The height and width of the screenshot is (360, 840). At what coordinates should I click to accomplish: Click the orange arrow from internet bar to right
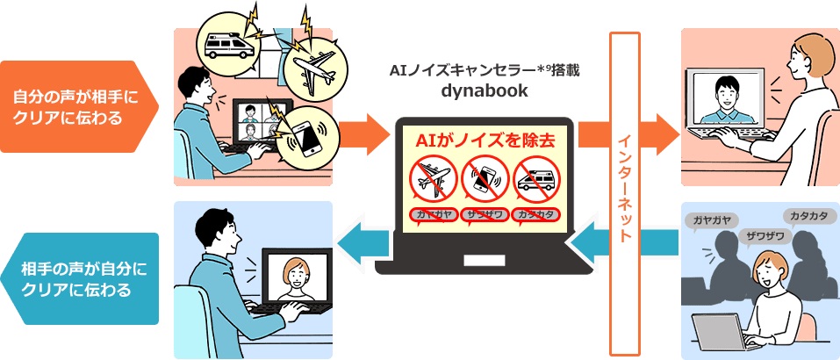659,133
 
